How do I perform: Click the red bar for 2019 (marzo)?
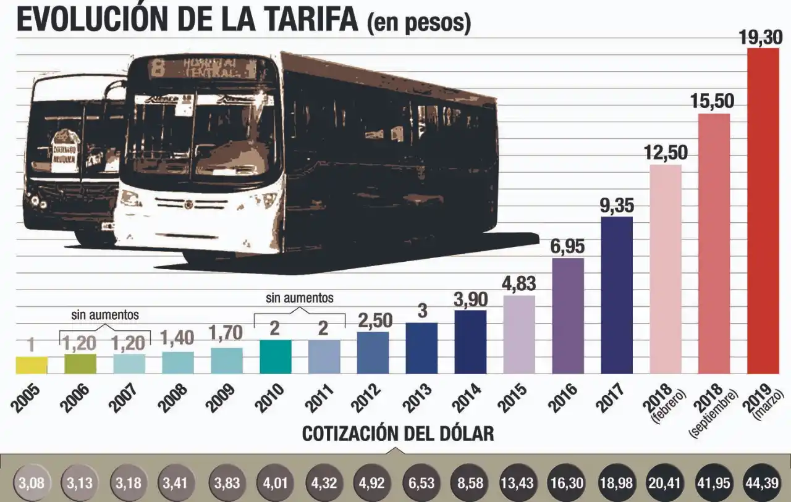[x=763, y=210]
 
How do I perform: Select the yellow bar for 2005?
[x=31, y=365]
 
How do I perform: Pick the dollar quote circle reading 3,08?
[x=31, y=482]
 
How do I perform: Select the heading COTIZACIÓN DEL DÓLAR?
[x=398, y=434]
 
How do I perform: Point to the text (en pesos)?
[x=418, y=23]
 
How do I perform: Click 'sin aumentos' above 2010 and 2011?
[x=300, y=298]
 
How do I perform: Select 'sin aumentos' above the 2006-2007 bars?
[x=104, y=315]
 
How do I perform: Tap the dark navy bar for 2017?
[x=617, y=295]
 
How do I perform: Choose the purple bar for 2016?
[x=568, y=316]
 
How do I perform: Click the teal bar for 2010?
[x=275, y=356]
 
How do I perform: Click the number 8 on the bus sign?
[x=158, y=67]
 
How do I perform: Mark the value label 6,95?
[x=568, y=246]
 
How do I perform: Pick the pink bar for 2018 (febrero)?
[x=666, y=269]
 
